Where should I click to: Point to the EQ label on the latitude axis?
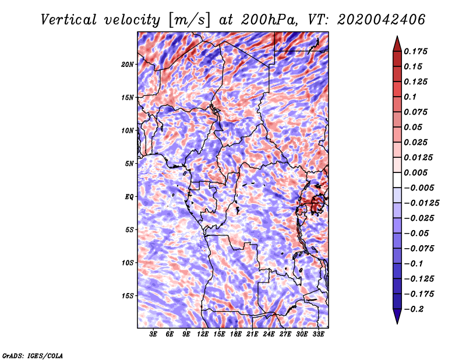(129, 196)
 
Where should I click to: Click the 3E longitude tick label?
(154, 334)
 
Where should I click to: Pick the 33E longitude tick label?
(318, 334)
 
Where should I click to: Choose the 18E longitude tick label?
(236, 334)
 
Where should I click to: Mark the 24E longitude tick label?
(269, 334)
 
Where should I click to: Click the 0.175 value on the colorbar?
(418, 51)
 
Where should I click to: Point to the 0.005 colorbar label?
(418, 172)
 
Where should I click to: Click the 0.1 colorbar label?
(411, 97)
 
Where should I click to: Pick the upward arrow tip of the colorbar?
(397, 38)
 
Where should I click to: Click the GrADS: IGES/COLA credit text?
(32, 355)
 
